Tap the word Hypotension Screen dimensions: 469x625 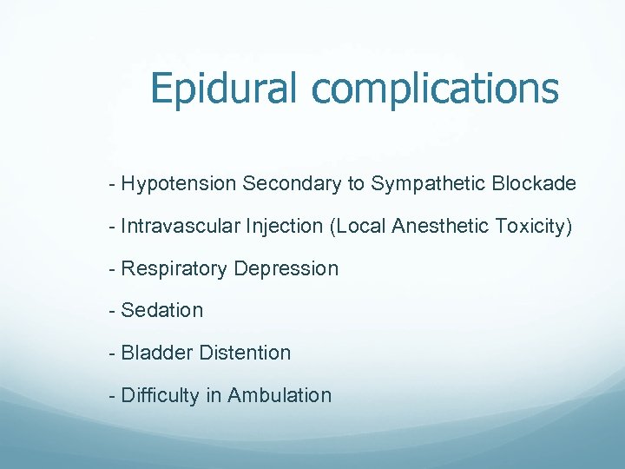(179, 184)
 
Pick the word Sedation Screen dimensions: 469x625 (162, 311)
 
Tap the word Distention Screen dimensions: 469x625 (245, 353)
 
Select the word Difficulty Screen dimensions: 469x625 (161, 396)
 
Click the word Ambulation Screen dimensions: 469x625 (280, 396)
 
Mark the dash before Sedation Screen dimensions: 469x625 (113, 311)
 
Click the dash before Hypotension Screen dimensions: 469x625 (113, 184)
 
